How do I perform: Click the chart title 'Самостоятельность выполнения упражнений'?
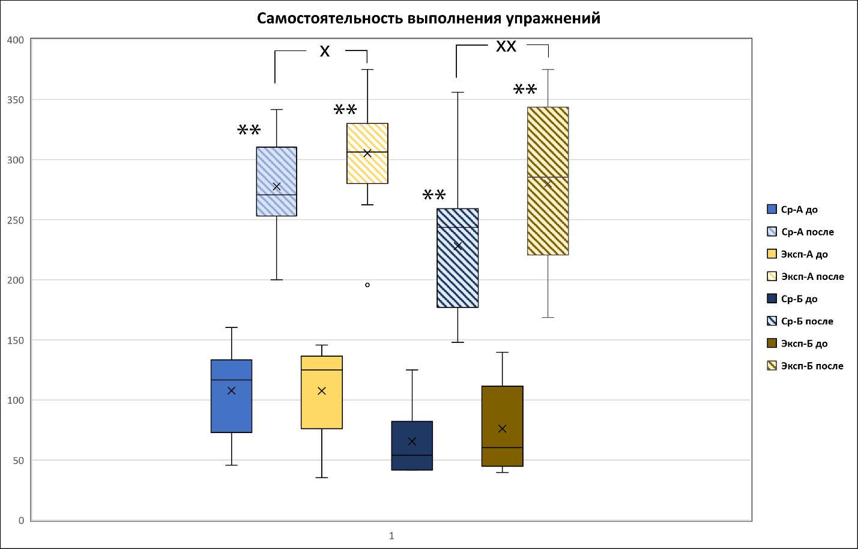pos(428,18)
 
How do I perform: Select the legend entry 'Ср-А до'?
pos(799,210)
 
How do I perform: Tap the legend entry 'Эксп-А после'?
pos(812,277)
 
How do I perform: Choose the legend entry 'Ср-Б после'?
pos(807,321)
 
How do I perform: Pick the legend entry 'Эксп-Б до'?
pos(804,344)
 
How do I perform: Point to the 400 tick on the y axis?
pos(16,40)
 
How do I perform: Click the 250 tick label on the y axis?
pos(16,220)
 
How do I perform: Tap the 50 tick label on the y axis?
pos(18,461)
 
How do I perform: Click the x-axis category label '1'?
pos(391,536)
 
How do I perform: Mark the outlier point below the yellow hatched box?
pos(367,285)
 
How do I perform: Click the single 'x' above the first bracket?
pos(325,52)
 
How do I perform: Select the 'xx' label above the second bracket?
pos(506,46)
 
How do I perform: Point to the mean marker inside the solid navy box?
pos(412,441)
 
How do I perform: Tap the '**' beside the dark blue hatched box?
pos(434,195)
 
